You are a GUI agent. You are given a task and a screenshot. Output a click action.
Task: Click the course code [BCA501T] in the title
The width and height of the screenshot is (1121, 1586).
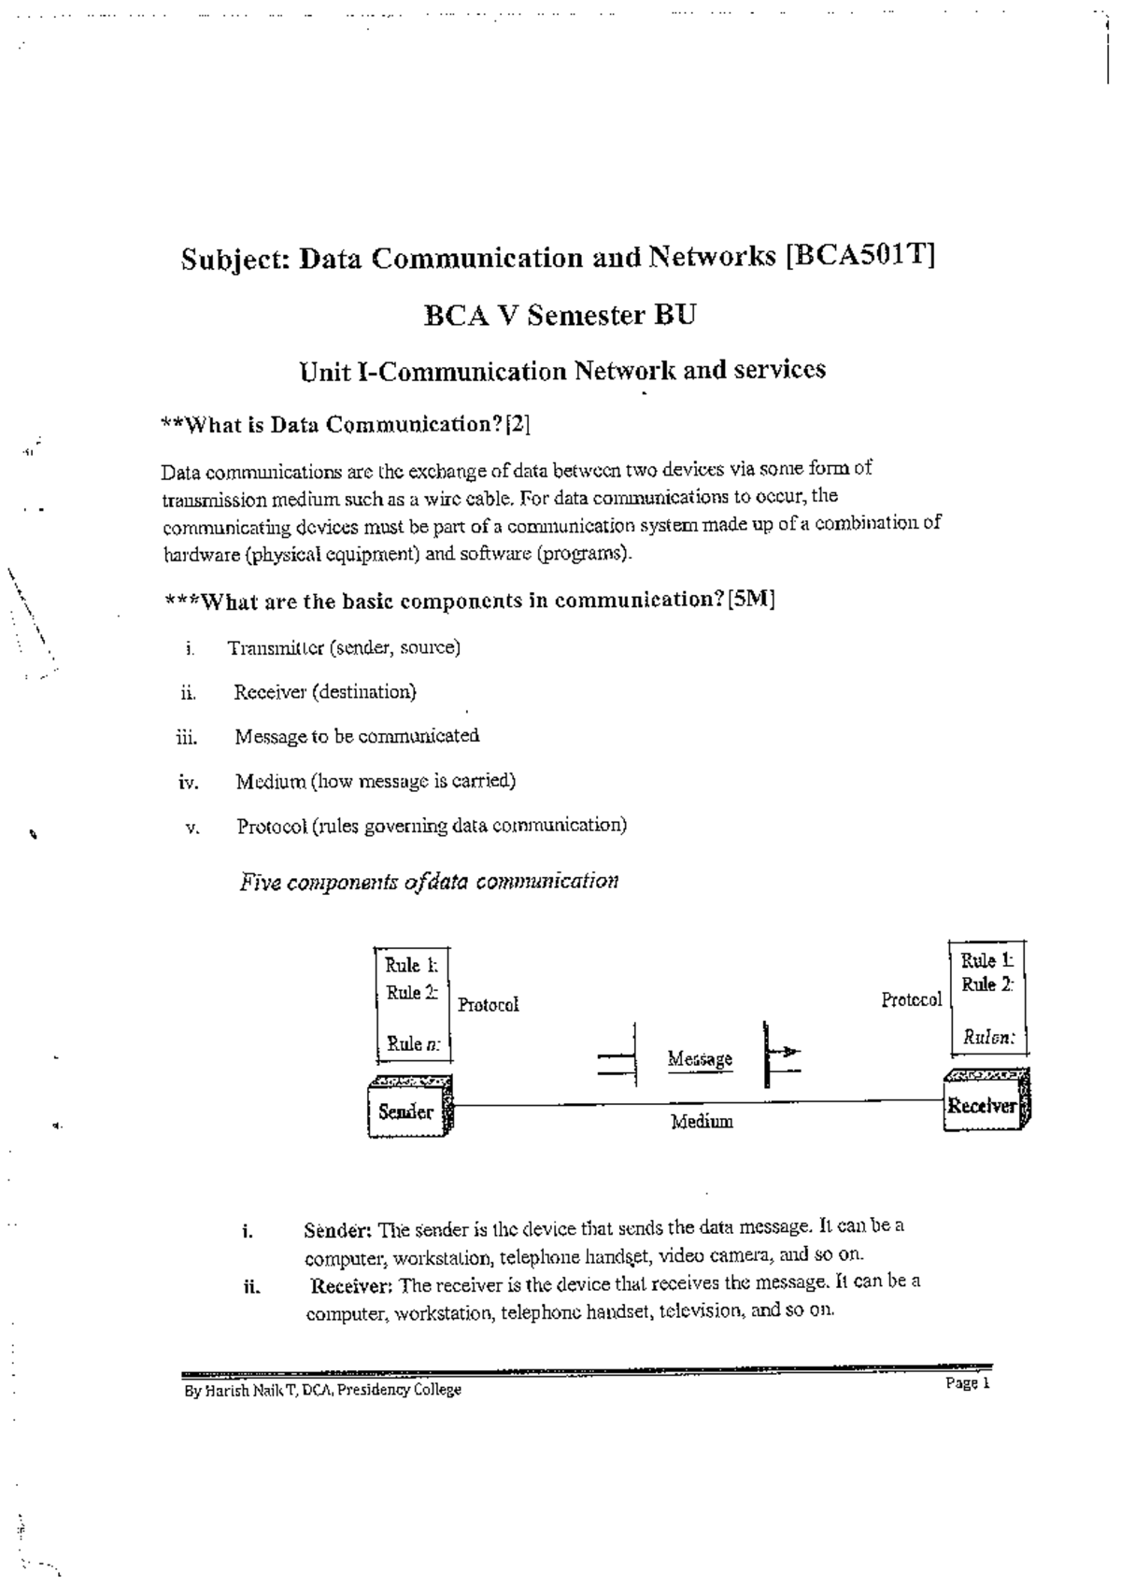(x=859, y=256)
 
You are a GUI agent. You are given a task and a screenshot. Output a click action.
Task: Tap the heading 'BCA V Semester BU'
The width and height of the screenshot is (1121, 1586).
(x=560, y=316)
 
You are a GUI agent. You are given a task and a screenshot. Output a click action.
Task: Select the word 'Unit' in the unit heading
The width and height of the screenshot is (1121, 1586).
(x=325, y=372)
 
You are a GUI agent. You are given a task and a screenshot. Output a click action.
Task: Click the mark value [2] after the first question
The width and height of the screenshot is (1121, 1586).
(x=518, y=425)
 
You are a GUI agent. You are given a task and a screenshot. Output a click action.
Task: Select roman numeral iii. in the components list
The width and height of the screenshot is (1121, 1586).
(x=187, y=738)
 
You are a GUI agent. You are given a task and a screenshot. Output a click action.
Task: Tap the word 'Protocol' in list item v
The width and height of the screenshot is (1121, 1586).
(x=272, y=826)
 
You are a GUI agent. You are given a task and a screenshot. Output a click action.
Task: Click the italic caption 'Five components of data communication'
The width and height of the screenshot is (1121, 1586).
(x=429, y=882)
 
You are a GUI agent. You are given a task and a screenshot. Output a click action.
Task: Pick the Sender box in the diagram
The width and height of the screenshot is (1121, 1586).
(x=408, y=1111)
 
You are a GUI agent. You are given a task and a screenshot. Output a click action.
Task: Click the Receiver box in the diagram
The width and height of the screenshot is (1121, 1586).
(x=984, y=1106)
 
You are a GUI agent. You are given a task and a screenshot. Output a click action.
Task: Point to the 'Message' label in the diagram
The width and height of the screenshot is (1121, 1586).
(x=700, y=1059)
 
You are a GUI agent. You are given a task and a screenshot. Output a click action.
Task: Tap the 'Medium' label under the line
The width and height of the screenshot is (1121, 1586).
(x=702, y=1122)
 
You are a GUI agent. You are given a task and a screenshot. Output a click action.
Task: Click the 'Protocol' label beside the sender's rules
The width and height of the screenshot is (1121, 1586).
(x=488, y=1005)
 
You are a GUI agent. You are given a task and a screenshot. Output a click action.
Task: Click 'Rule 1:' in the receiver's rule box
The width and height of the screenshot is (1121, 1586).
(x=986, y=960)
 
